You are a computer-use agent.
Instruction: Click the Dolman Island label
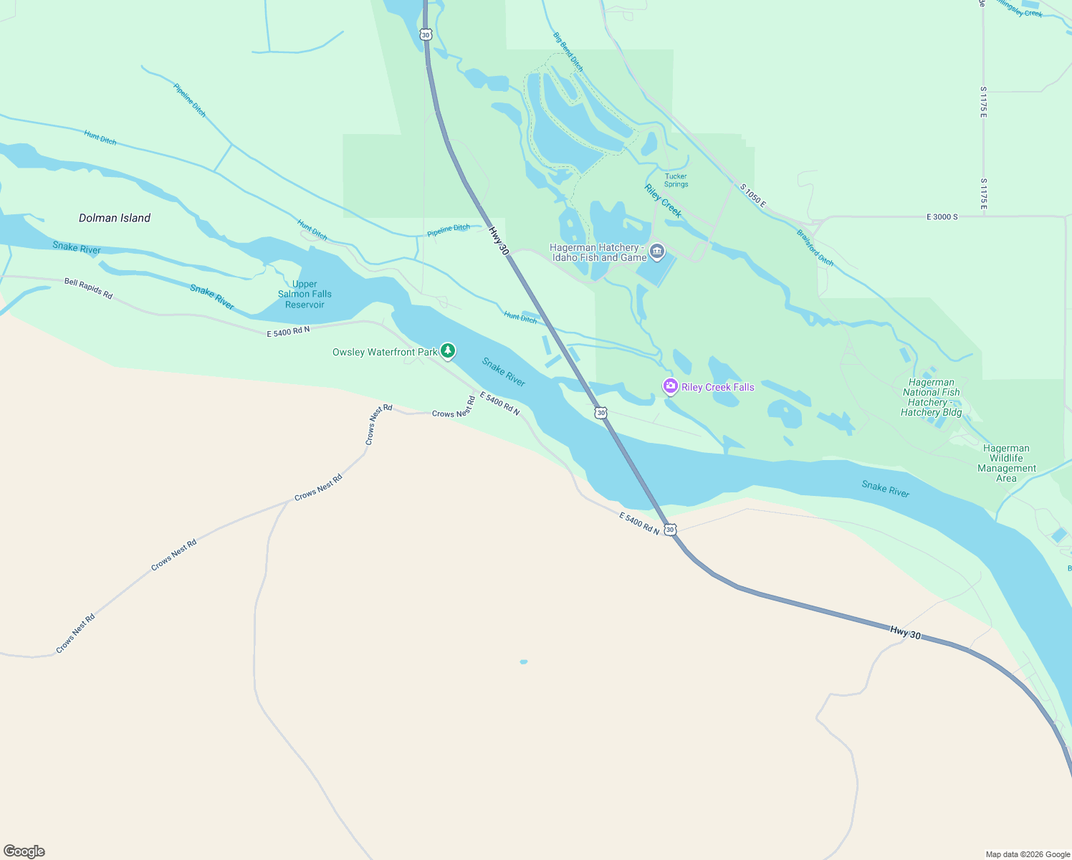coord(115,218)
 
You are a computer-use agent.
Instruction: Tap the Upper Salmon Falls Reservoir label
coord(305,295)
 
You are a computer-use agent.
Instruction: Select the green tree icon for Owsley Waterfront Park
coord(448,351)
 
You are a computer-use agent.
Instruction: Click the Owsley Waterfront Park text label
coord(385,352)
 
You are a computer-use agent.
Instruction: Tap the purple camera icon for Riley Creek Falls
coord(671,387)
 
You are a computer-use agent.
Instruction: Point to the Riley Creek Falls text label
coord(717,387)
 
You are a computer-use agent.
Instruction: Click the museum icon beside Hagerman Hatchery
coord(657,252)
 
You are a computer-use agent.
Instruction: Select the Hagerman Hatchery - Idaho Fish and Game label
coord(598,252)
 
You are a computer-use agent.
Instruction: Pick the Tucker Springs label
coord(676,180)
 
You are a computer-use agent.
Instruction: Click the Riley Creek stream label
coord(663,201)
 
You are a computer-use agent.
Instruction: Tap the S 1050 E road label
coord(753,196)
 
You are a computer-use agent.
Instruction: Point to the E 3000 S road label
coord(942,216)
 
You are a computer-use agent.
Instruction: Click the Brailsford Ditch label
coord(815,248)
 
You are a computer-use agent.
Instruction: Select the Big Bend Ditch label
coord(568,52)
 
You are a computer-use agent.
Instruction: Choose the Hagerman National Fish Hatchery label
coord(931,397)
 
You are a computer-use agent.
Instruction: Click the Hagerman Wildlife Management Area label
coord(1006,463)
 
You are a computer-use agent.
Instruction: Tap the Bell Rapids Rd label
coord(88,289)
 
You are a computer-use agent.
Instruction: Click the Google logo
coord(24,851)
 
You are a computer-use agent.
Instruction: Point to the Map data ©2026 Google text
coord(1028,854)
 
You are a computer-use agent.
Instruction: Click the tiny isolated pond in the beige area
coord(524,661)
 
